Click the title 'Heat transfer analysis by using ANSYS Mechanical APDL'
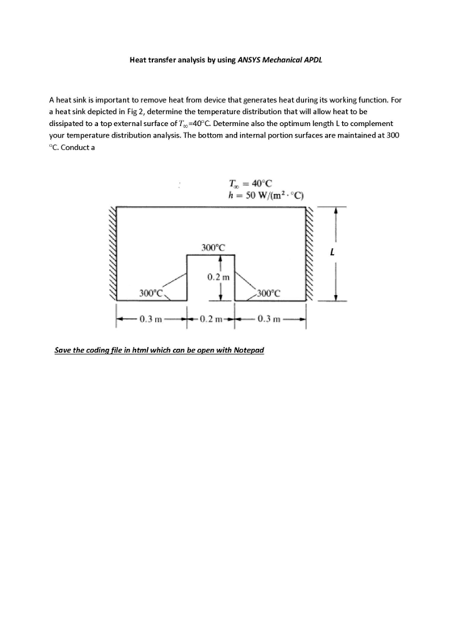225,61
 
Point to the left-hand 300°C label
150,292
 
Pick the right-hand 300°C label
269,292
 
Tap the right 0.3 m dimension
269,319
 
